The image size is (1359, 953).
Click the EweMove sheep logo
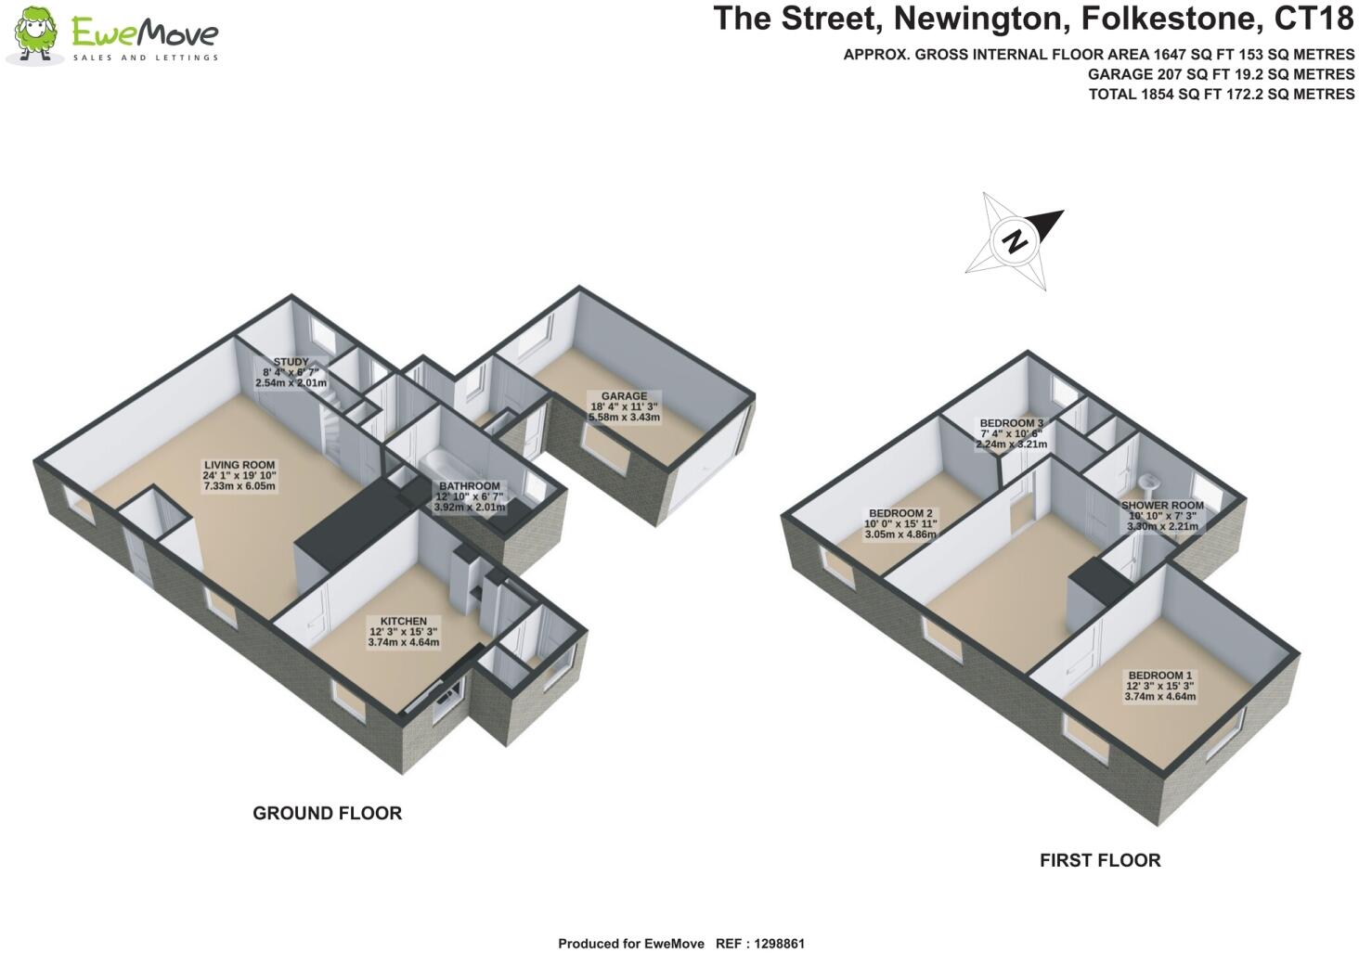35,36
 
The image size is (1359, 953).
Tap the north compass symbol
1015,239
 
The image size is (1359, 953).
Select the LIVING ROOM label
239,475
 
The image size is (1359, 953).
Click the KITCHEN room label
403,631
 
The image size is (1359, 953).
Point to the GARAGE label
624,406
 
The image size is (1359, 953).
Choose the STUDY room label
291,371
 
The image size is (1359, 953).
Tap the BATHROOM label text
470,496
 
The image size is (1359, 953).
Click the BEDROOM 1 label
1159,686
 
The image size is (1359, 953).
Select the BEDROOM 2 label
900,523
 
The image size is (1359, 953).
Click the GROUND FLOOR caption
327,814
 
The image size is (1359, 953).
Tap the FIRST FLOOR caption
1099,861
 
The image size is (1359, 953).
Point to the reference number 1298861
772,944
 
